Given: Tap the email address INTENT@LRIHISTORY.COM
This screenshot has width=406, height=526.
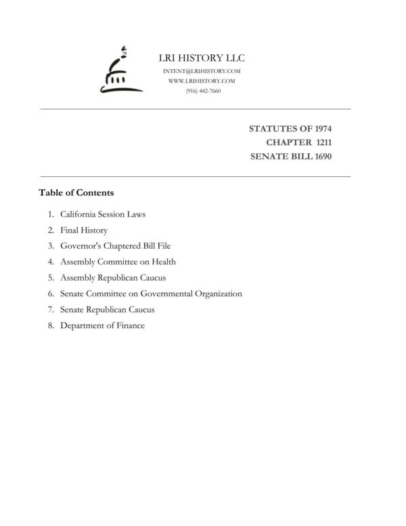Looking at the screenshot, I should (x=202, y=71).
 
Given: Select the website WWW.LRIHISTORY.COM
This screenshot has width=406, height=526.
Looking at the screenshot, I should (x=202, y=81).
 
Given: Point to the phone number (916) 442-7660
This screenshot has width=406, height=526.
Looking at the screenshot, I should (x=202, y=91).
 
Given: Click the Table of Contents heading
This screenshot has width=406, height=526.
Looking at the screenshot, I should (x=76, y=193).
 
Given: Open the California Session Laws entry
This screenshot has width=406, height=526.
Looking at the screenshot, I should (x=103, y=214).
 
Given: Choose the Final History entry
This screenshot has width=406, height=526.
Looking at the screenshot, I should (x=84, y=230).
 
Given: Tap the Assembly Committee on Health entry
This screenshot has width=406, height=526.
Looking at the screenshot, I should (x=118, y=262).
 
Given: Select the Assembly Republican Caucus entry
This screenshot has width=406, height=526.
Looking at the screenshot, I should (x=113, y=278).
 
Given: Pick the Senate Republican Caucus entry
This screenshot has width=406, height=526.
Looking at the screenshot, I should (x=108, y=310).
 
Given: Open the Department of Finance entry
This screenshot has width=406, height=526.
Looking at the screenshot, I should (x=102, y=325).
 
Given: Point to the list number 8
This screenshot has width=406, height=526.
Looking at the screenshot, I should (x=51, y=325).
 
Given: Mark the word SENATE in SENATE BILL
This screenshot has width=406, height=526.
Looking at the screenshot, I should (x=269, y=157).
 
